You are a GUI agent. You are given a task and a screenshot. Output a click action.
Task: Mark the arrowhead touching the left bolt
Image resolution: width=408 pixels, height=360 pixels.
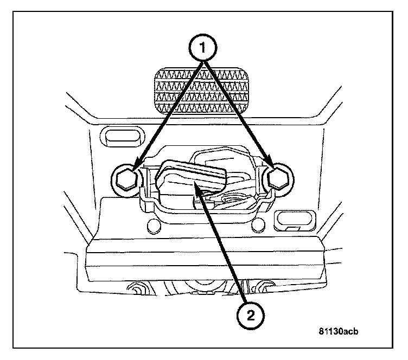click(136, 164)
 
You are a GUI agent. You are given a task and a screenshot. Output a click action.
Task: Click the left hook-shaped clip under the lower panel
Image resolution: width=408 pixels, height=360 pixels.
click(136, 287)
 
